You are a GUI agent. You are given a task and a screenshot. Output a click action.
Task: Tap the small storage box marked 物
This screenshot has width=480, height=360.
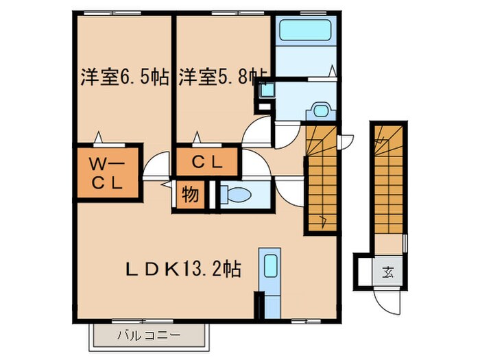click(x=190, y=195)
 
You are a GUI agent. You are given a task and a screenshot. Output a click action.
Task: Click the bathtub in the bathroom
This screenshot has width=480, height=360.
click(x=304, y=32)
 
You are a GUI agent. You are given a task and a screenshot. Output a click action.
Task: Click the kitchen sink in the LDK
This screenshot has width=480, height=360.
click(x=270, y=267)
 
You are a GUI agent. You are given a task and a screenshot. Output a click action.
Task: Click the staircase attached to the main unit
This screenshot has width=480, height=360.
click(x=320, y=177)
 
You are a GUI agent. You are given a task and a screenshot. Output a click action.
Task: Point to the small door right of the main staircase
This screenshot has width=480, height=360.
click(x=346, y=140)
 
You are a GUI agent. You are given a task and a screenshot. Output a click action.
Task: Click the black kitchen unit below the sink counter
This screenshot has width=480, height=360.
click(x=259, y=303)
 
